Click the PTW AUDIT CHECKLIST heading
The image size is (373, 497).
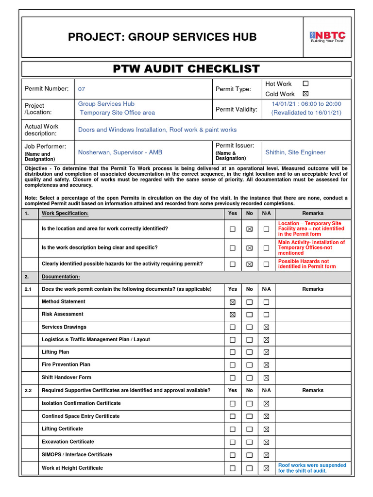(186, 69)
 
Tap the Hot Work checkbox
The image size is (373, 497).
(305, 83)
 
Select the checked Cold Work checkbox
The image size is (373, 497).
(305, 94)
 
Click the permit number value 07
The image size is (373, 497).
(82, 89)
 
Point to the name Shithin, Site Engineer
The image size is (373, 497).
(295, 152)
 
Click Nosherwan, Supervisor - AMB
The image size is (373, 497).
(120, 152)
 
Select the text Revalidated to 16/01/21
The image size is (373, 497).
(306, 113)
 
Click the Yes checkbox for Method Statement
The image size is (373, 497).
(233, 302)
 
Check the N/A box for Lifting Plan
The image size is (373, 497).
(266, 352)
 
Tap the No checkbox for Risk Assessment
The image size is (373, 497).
(249, 315)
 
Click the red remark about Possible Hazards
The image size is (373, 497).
(307, 264)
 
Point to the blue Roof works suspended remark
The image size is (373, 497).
(312, 468)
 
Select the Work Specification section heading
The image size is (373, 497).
(65, 214)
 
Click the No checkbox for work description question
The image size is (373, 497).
(249, 248)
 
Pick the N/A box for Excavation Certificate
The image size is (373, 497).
(266, 442)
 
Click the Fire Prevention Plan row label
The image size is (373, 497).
(66, 364)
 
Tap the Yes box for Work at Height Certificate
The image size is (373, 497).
(233, 468)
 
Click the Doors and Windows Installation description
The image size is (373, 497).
(157, 130)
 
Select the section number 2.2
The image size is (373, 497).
(29, 390)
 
